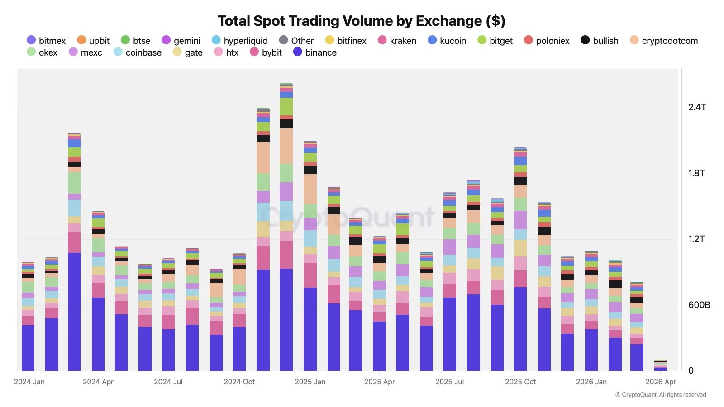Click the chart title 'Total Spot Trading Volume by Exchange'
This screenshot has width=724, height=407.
[x=361, y=21]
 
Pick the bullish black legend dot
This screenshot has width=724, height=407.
[x=585, y=40]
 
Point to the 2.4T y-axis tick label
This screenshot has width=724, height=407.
[x=697, y=107]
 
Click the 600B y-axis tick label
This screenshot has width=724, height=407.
[x=699, y=305]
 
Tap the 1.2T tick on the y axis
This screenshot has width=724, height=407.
[x=696, y=239]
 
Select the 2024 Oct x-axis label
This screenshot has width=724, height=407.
[x=239, y=382]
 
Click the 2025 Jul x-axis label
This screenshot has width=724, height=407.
[x=449, y=382]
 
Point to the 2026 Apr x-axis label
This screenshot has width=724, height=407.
[x=660, y=382]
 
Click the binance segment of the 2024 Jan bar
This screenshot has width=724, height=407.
[x=28, y=348]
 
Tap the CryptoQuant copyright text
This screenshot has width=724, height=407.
[x=661, y=395]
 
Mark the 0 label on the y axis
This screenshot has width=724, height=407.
[x=691, y=370]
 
